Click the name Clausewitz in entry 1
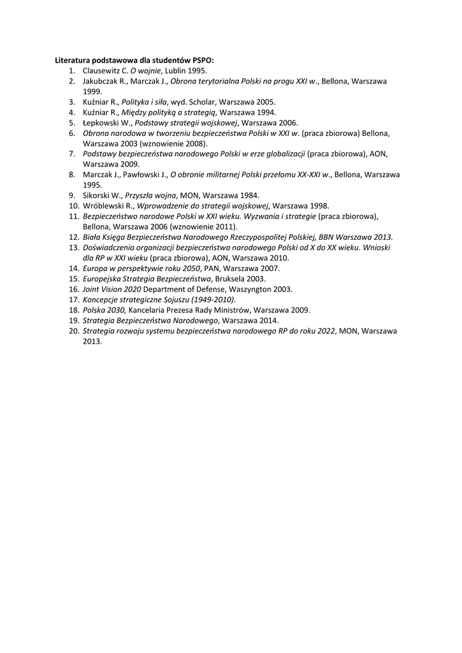point(102,71)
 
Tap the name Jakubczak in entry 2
point(102,81)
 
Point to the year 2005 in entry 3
point(265,101)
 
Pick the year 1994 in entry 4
point(266,112)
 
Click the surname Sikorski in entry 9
point(99,195)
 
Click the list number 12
point(73,237)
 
